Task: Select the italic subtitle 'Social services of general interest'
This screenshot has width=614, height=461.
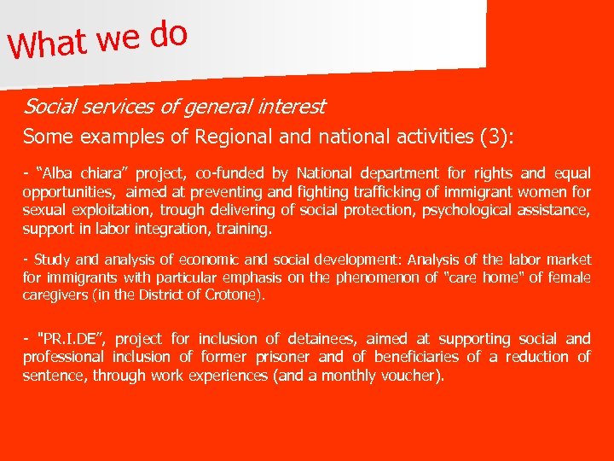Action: click(174, 108)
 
